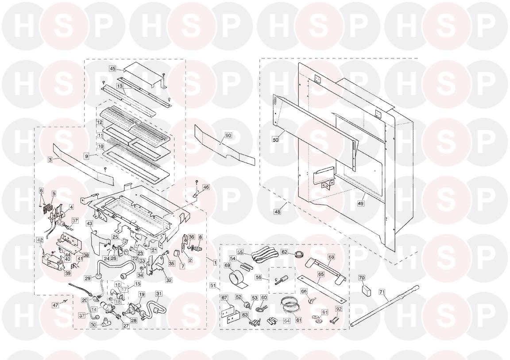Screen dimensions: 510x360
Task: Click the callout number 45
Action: [x=112, y=69]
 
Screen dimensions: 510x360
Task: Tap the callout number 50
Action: [x=275, y=139]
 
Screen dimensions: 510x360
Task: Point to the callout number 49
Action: [x=361, y=203]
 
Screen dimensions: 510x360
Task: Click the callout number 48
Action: [x=277, y=212]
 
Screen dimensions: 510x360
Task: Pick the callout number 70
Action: [x=362, y=278]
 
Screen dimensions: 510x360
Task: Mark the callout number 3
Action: [x=50, y=160]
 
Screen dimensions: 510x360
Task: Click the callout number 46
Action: [x=206, y=187]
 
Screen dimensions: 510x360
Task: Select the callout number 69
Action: [x=228, y=266]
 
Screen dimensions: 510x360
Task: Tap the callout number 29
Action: [x=88, y=279]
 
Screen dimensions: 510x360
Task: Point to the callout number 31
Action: [x=159, y=294]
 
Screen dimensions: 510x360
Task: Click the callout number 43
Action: [x=89, y=224]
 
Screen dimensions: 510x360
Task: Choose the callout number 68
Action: [x=331, y=257]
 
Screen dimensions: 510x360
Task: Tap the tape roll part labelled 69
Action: [x=236, y=279]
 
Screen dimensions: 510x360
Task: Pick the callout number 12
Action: [x=100, y=122]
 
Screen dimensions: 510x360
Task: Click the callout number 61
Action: [x=298, y=320]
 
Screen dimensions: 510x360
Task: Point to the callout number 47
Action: [x=55, y=305]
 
